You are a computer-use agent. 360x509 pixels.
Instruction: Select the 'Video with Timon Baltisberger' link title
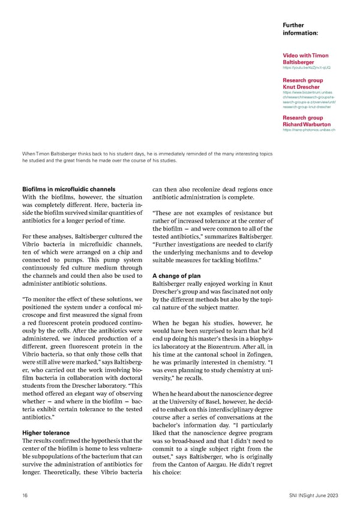pos(305,58)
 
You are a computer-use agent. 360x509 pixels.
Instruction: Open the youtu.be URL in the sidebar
pos(306,67)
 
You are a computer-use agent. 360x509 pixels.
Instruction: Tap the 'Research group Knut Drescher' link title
pos(302,83)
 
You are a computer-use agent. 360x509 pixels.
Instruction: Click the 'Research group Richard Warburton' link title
pos(306,121)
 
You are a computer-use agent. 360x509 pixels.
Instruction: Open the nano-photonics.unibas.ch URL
pos(308,130)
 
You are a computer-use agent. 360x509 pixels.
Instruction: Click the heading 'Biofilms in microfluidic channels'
pos(77,190)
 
